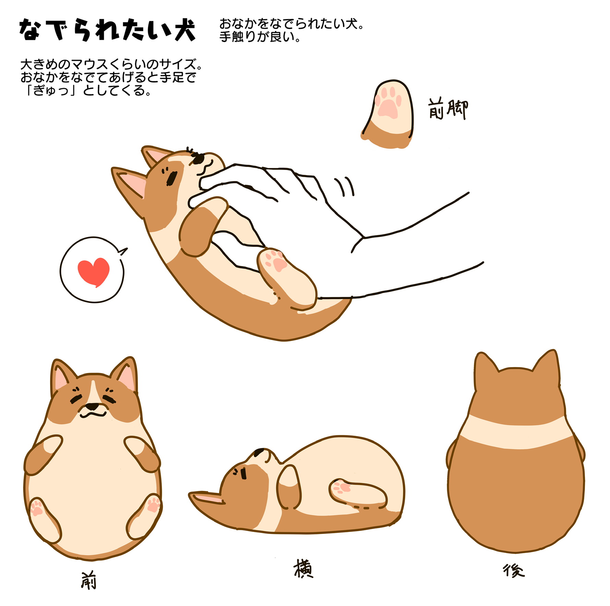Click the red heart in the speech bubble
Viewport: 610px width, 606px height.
[93, 271]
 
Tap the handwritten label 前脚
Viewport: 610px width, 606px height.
[448, 109]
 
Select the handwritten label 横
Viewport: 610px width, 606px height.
[303, 569]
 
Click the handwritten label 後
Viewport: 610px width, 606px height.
[513, 571]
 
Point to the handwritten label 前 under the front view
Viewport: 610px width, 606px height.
[89, 580]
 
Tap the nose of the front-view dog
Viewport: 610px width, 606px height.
[92, 407]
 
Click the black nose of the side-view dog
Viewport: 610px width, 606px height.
[260, 452]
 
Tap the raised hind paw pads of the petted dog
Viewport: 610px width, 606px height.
[276, 260]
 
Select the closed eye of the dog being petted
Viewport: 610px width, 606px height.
[172, 178]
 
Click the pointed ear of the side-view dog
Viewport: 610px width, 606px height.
[207, 498]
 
